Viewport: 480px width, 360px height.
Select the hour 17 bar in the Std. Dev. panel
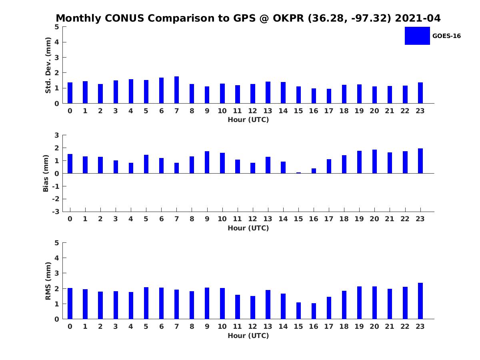(329, 96)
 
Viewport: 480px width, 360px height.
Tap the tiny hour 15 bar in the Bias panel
(298, 172)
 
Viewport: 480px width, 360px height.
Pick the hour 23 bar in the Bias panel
(420, 161)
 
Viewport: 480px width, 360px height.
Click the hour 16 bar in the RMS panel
(314, 311)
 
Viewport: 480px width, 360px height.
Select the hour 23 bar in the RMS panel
(420, 301)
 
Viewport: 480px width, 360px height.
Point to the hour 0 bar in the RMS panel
(70, 304)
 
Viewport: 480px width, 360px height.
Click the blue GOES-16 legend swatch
(417, 36)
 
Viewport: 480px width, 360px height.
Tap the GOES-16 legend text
(446, 36)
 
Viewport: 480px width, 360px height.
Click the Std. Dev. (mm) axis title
(48, 65)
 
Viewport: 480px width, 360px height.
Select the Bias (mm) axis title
(46, 173)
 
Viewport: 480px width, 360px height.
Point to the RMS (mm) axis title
(48, 281)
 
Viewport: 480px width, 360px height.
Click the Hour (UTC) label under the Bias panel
(248, 228)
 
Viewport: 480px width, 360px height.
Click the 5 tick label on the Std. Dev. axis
(57, 27)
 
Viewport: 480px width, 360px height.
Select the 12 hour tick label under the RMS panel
(252, 326)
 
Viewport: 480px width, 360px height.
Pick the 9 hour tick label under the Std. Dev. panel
(207, 111)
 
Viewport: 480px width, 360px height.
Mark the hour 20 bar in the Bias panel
(374, 162)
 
